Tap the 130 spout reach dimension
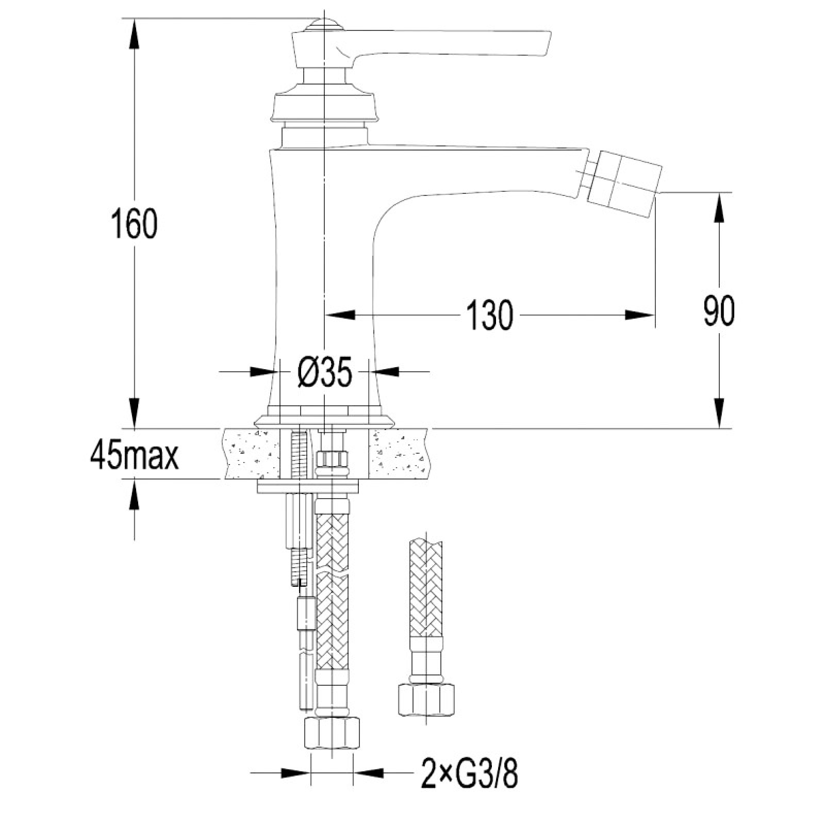coord(490,315)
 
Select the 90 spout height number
coord(719,310)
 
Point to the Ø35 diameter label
coord(325,371)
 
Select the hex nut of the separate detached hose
coord(427,699)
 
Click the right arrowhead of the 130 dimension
coord(640,315)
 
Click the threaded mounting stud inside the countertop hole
coord(298,456)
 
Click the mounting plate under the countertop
coord(308,487)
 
